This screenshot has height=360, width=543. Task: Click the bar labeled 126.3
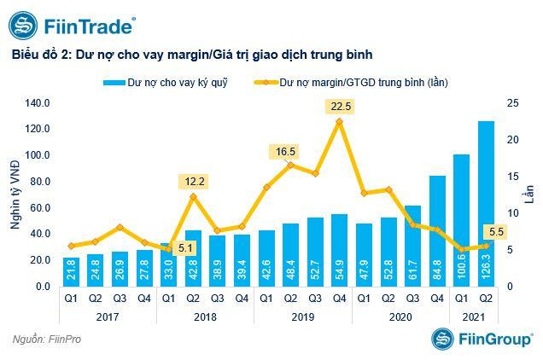[x=486, y=204]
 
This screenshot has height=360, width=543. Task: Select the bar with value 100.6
[x=461, y=220]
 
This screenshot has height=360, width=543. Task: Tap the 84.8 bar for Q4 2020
[x=437, y=230]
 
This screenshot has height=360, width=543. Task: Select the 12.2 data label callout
[x=193, y=181]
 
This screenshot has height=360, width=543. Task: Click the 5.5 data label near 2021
[x=493, y=230]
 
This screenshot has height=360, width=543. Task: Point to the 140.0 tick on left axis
[x=38, y=103]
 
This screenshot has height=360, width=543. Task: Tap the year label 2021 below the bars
[x=473, y=317]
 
